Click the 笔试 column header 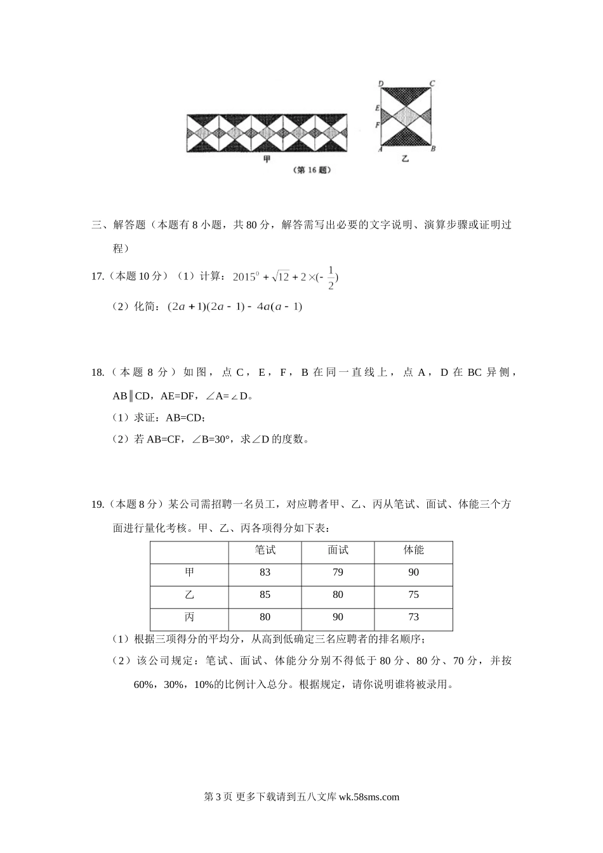[x=265, y=550]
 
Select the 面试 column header [x=338, y=550]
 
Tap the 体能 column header [x=414, y=550]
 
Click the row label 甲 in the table [x=189, y=572]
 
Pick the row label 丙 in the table [x=189, y=617]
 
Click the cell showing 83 [x=265, y=572]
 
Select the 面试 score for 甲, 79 [x=338, y=572]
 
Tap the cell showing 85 [x=265, y=595]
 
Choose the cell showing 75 [x=414, y=595]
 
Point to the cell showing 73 [x=414, y=617]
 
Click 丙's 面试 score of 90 [x=338, y=617]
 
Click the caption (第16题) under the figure [x=314, y=170]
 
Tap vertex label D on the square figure [x=380, y=83]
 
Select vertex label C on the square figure [x=432, y=83]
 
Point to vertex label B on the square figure [x=433, y=149]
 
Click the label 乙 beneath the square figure [x=405, y=159]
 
